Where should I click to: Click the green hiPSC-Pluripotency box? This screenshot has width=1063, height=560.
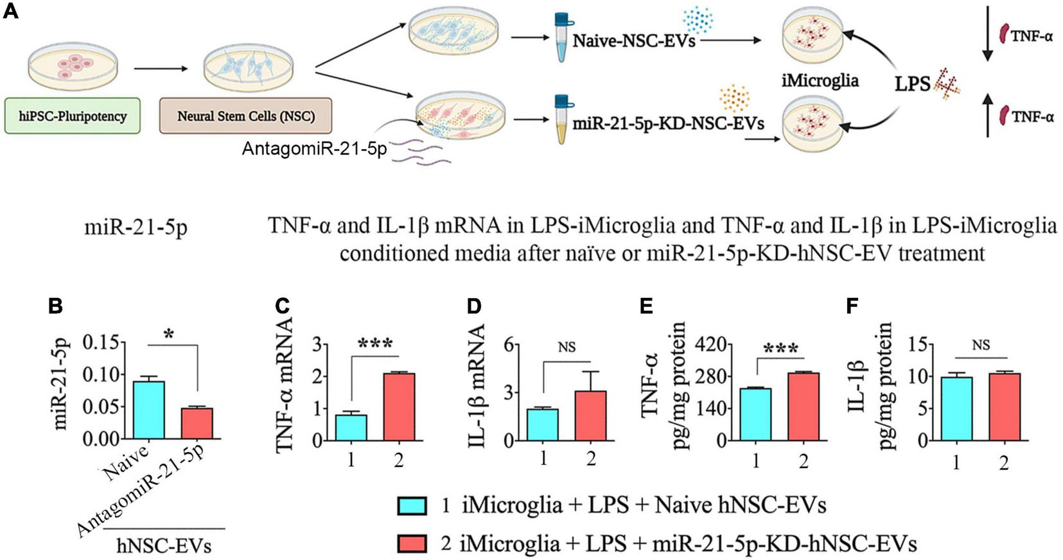click(x=72, y=116)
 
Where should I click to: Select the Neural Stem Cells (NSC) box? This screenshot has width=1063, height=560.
click(x=245, y=116)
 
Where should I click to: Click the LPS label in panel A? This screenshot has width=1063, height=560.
click(x=912, y=83)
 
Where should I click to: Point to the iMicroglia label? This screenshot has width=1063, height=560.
click(x=820, y=81)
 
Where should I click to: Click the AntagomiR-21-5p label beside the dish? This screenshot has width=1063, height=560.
click(x=314, y=148)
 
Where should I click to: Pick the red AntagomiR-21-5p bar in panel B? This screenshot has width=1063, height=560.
click(x=197, y=423)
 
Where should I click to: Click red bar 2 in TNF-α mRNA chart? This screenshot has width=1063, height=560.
click(x=399, y=407)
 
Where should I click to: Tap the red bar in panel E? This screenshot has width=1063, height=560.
click(x=803, y=407)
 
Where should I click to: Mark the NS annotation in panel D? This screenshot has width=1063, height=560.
click(x=567, y=347)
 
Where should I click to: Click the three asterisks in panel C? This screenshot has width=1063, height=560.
click(x=375, y=344)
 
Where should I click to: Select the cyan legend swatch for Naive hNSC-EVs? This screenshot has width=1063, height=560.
click(x=412, y=506)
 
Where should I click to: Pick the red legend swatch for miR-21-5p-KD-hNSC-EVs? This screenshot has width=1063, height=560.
click(x=412, y=544)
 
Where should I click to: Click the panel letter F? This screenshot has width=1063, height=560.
click(x=852, y=306)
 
